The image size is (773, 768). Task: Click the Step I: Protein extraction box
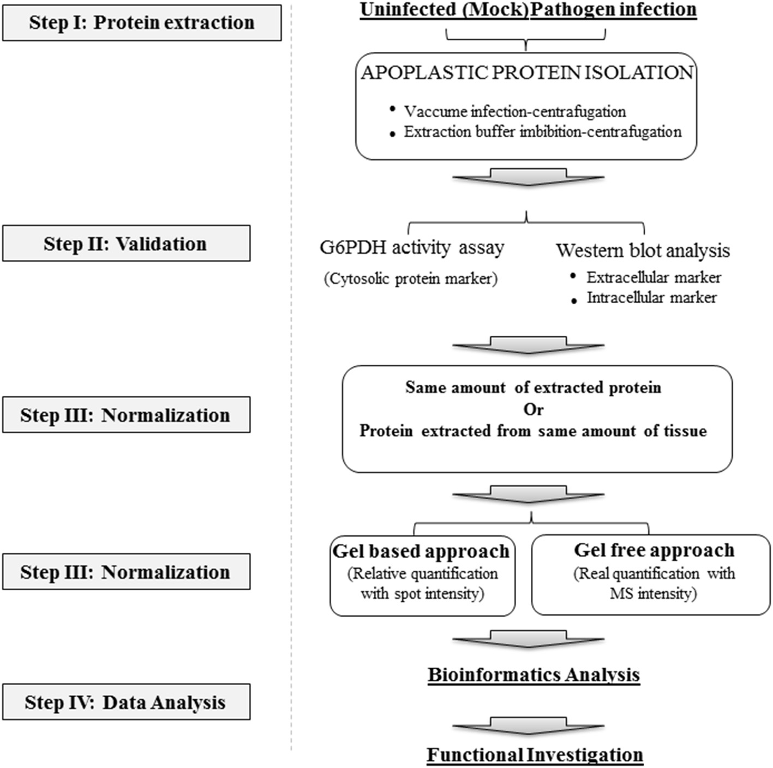click(x=141, y=23)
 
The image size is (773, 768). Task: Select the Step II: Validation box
click(x=126, y=244)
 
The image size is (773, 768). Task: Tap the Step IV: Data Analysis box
click(x=126, y=702)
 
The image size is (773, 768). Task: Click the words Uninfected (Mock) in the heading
click(x=444, y=10)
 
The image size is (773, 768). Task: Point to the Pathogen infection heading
click(x=614, y=10)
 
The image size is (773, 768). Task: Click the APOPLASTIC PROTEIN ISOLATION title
click(x=526, y=72)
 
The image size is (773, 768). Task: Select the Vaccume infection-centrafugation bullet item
click(x=514, y=111)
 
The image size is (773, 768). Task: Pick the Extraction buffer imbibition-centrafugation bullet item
click(x=542, y=132)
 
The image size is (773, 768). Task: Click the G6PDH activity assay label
click(x=412, y=247)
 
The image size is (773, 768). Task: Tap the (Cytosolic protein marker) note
click(x=410, y=279)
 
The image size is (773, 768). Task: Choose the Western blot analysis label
click(x=643, y=250)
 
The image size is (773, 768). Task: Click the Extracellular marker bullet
click(x=654, y=277)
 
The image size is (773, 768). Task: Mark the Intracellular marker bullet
click(x=651, y=298)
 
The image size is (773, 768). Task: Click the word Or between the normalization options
click(x=533, y=409)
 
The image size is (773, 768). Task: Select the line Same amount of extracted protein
click(x=533, y=388)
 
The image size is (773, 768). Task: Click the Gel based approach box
click(x=422, y=576)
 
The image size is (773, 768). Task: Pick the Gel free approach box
click(x=651, y=576)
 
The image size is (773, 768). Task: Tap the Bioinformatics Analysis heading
click(x=533, y=675)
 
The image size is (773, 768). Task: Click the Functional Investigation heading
click(x=534, y=755)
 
